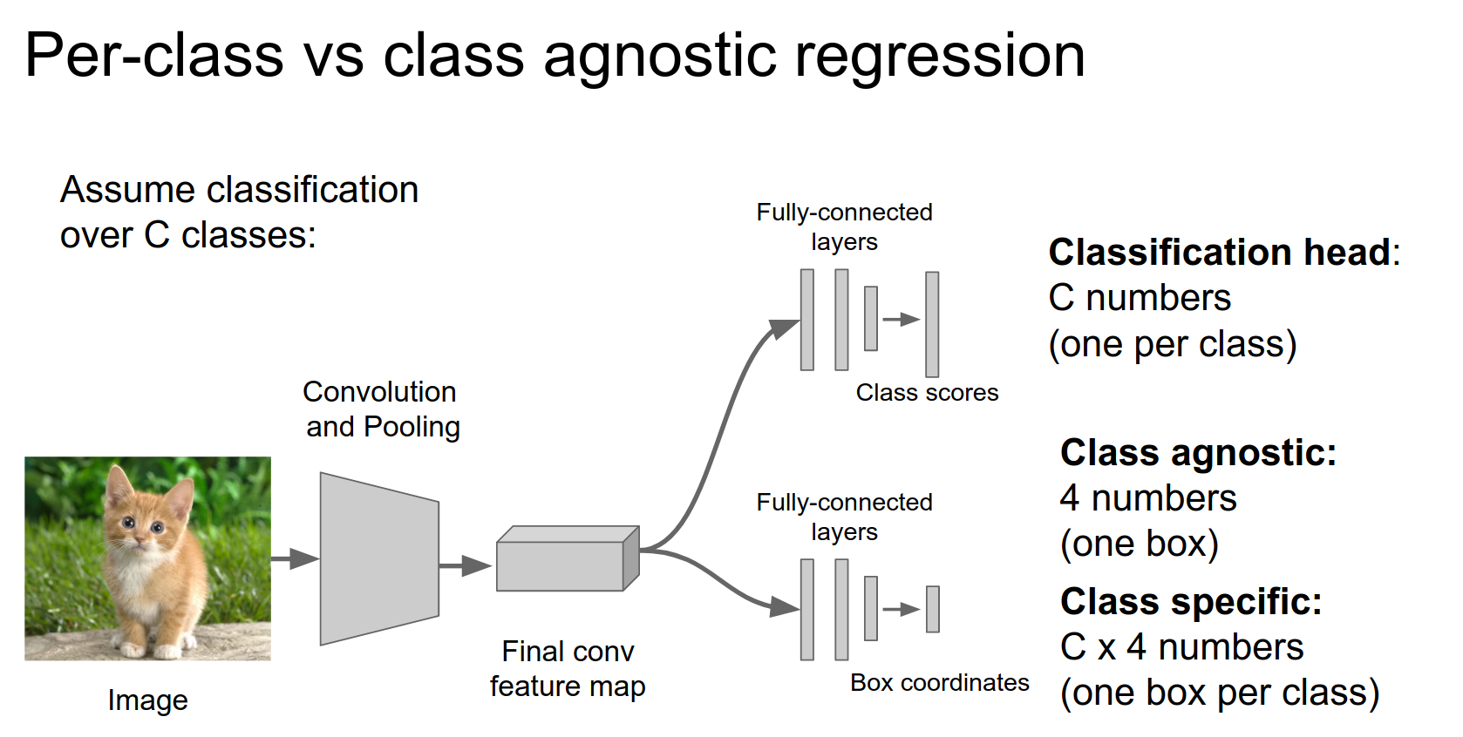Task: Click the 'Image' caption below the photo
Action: point(147,700)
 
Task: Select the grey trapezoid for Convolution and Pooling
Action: point(379,558)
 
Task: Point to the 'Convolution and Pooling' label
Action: point(381,409)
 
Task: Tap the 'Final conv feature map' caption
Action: point(568,669)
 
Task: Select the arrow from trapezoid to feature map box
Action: point(466,565)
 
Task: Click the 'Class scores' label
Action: point(927,393)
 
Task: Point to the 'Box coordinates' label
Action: point(939,683)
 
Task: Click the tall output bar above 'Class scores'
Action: point(932,323)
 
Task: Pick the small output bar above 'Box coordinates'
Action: point(933,609)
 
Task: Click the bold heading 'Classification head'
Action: point(1220,253)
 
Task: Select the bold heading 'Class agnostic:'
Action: point(1198,453)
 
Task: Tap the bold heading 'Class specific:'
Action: point(1190,602)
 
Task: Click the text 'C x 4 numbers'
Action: point(1181,647)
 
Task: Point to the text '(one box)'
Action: point(1139,544)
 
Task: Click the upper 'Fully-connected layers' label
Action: point(844,227)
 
